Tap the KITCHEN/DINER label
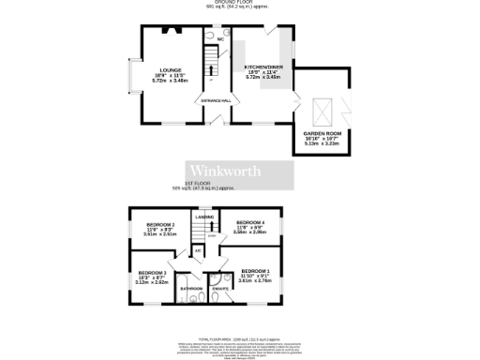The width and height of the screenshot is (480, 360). [x=260, y=67]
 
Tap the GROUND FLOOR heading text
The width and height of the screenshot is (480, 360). [x=240, y=3]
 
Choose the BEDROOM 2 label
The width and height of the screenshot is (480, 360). [x=161, y=225]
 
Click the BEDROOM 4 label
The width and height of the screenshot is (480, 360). [x=250, y=222]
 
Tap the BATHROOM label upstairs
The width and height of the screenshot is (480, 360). [x=191, y=289]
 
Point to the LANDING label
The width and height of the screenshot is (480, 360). [x=203, y=217]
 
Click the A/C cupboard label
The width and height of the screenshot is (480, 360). [x=199, y=250]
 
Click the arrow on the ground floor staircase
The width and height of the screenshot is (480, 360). [x=211, y=69]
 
